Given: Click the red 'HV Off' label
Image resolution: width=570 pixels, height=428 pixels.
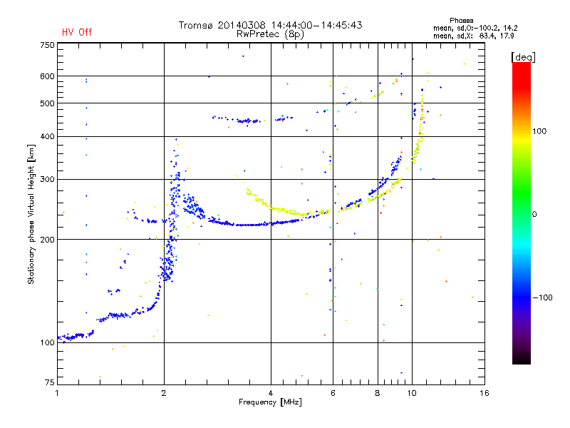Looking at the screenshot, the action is tap(77, 32).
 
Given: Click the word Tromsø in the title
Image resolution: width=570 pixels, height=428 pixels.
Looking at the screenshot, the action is tap(195, 25).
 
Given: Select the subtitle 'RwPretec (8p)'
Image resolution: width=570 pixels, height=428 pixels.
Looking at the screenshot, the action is tap(270, 34).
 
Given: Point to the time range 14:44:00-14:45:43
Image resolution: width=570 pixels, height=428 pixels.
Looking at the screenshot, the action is tap(316, 25).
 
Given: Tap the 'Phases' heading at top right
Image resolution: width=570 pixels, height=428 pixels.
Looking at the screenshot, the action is tap(461, 21).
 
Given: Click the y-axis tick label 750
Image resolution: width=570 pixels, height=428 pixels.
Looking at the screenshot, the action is tap(47, 45).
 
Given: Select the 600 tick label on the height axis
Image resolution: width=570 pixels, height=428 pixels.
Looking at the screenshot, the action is tap(47, 76).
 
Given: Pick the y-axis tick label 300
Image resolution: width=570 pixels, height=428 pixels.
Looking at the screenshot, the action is tap(47, 179).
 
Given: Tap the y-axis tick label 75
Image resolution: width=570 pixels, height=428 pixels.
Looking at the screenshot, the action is tap(49, 382).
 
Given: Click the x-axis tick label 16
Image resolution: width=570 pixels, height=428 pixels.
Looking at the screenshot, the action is tap(484, 393).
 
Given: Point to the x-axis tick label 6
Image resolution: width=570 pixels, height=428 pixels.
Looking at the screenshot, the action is tap(333, 393).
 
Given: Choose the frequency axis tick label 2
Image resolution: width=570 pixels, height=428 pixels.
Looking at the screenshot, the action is tap(164, 393).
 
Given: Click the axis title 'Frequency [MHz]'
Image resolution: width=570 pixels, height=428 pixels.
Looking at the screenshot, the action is tap(270, 402).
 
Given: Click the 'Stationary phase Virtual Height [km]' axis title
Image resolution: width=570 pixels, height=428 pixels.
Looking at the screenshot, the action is tap(31, 215).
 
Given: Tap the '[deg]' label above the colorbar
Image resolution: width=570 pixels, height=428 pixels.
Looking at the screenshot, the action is tap(523, 57).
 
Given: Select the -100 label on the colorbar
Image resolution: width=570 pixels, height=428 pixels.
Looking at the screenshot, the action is tap(542, 297).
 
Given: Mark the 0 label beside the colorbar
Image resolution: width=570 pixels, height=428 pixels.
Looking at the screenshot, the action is tap(534, 214).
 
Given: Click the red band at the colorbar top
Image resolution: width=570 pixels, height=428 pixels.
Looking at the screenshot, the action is tap(522, 73).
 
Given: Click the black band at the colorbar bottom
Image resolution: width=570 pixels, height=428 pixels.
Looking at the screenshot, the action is tap(522, 359).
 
